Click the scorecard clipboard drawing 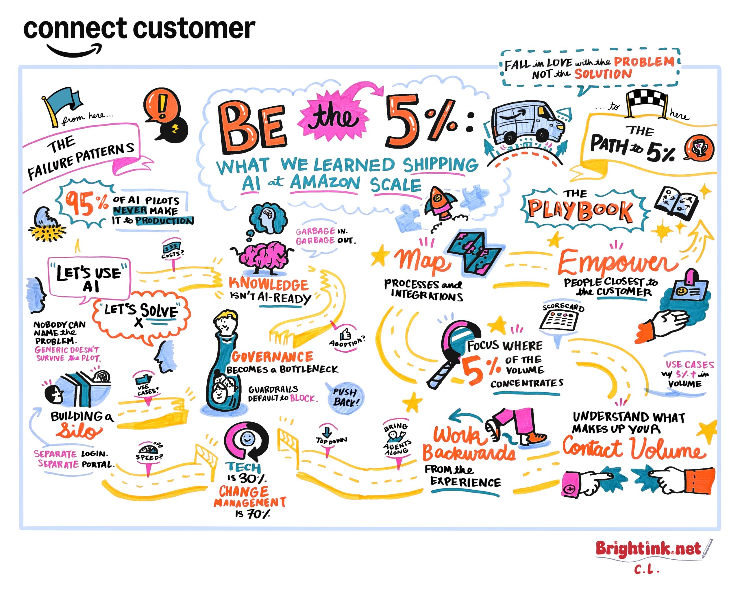coord(559,321)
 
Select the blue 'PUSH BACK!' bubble coord(345,398)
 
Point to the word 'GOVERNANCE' coord(272,357)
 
